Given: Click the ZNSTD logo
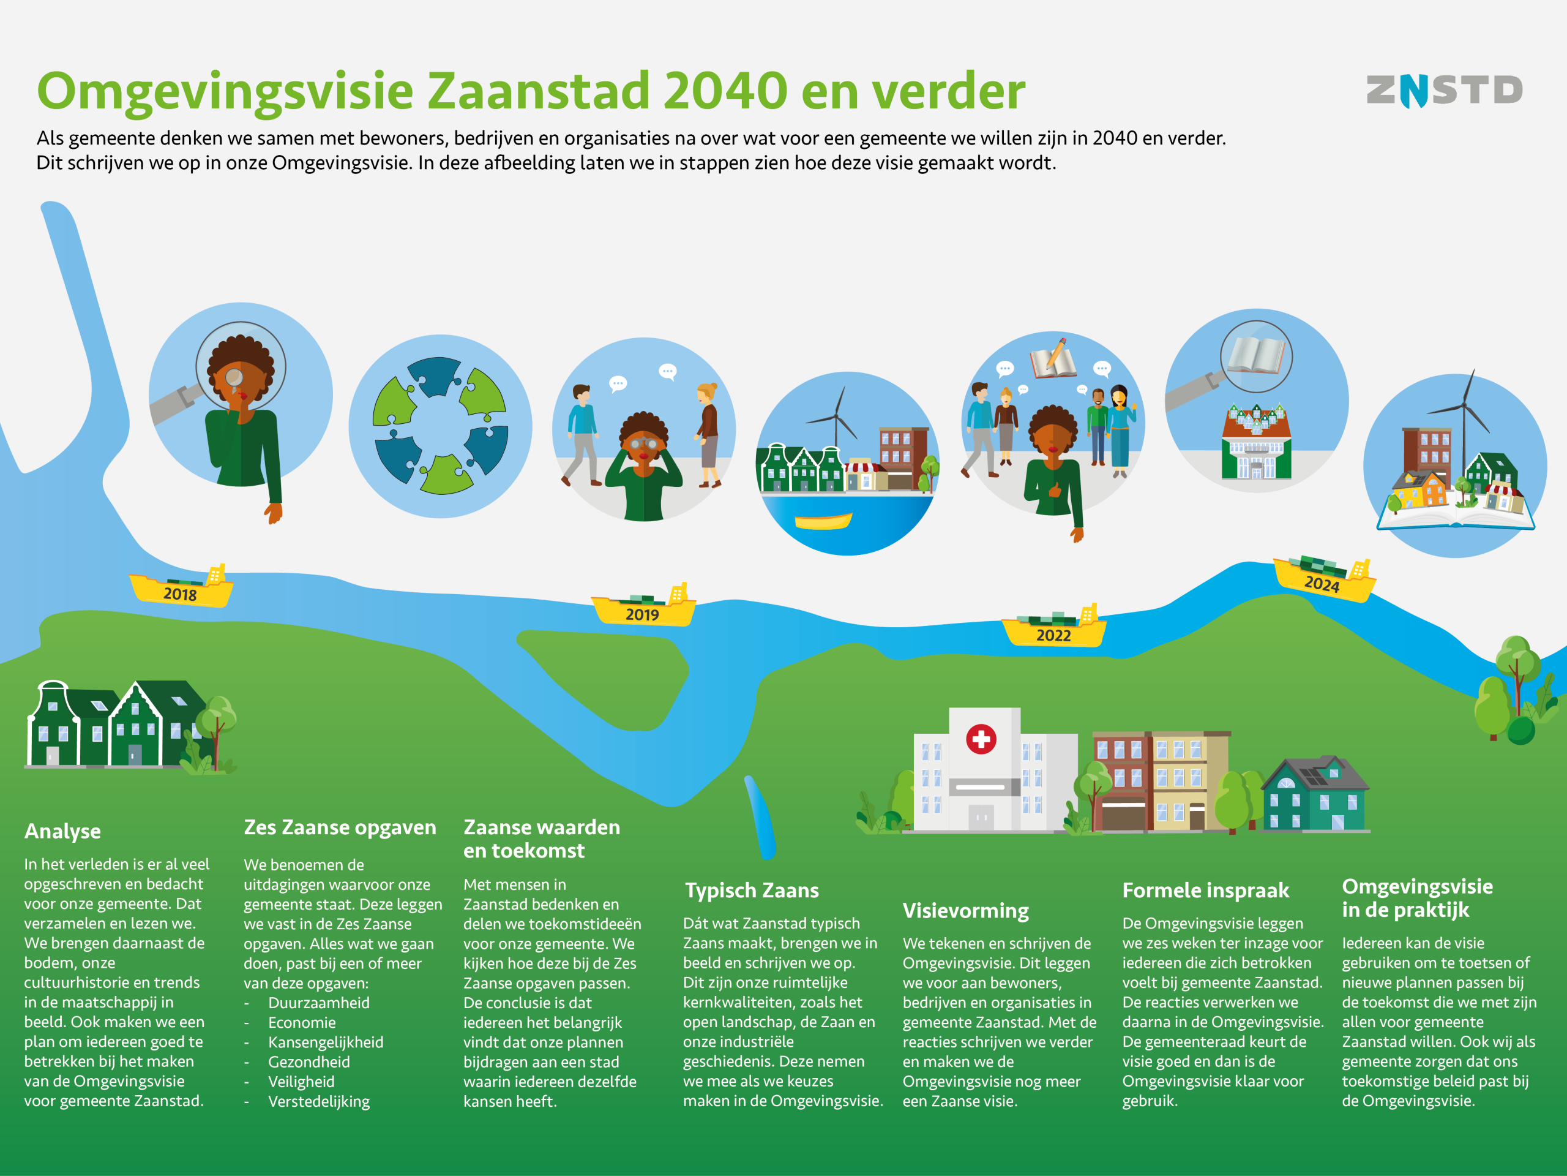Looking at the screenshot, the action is [1444, 91].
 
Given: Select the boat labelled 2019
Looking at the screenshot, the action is [643, 606].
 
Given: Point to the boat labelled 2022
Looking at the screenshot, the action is [1053, 626].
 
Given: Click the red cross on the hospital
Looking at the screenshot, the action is [981, 739].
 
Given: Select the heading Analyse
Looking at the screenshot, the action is [62, 832].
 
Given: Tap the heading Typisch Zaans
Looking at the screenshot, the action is [752, 891].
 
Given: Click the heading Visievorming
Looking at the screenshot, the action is [965, 911].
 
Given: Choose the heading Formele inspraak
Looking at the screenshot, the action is [1206, 891].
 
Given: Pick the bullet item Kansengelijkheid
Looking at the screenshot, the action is [326, 1042].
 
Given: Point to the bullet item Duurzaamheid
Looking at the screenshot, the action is [319, 1003].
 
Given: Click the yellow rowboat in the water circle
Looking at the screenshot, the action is [823, 522].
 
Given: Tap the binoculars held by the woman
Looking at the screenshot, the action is [643, 445].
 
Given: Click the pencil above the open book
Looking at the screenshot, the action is [1057, 352].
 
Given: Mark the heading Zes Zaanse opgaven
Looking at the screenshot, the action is [340, 828].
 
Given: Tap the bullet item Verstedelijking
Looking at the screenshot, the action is [319, 1101].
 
